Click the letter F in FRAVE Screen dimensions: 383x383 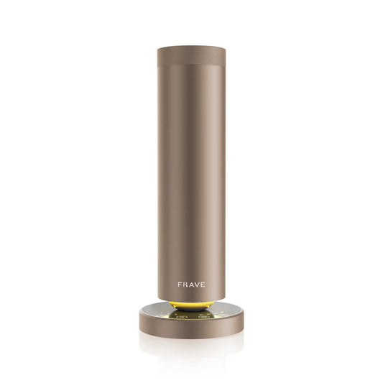pyautogui.click(x=180, y=284)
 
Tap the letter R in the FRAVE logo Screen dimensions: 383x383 pyautogui.click(x=185, y=284)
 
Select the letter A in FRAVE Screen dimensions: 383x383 pyautogui.click(x=192, y=284)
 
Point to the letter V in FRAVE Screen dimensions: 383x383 pyautogui.click(x=198, y=284)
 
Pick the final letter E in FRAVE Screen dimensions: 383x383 pyautogui.click(x=205, y=284)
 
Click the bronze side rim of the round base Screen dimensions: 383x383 pyautogui.click(x=192, y=323)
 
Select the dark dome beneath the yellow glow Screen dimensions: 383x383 pyautogui.click(x=192, y=308)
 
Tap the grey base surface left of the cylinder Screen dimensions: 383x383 pyautogui.click(x=154, y=310)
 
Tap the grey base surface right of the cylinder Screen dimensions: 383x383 pyautogui.click(x=230, y=310)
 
